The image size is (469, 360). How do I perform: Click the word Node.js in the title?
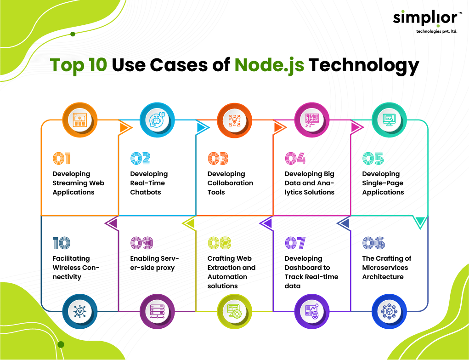tap(269, 65)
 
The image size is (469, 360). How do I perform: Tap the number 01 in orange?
tap(62, 159)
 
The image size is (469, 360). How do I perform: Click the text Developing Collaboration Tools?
tap(230, 183)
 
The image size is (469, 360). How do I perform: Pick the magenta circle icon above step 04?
tap(312, 120)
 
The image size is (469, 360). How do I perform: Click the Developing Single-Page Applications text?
tap(383, 183)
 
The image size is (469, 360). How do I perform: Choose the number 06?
tap(373, 243)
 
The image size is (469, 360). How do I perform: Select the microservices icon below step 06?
tap(389, 311)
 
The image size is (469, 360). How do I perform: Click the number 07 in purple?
tap(295, 243)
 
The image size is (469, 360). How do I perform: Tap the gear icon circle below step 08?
tap(234, 311)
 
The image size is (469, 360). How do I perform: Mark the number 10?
tap(62, 243)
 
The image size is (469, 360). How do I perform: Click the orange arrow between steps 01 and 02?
tap(124, 127)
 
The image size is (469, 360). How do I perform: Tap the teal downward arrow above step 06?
tap(419, 223)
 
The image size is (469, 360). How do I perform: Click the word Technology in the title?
tap(363, 65)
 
